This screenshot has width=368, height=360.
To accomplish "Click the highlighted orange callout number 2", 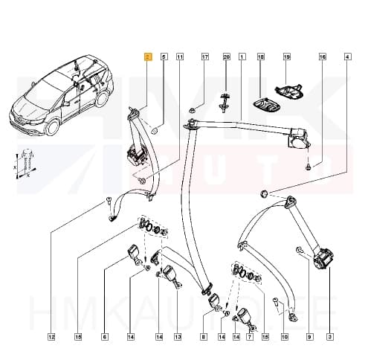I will click(147, 57).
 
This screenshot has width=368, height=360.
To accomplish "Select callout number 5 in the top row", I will click(164, 57).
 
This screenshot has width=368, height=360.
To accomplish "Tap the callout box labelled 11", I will click(180, 57).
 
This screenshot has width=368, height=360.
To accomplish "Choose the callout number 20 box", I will click(227, 57).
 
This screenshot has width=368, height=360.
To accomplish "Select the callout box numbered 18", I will click(261, 57).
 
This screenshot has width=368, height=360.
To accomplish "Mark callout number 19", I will click(285, 57).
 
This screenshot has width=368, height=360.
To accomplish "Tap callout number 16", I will click(322, 57).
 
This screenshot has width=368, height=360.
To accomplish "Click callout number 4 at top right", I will click(347, 57).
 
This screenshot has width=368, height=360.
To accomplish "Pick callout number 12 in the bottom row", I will click(51, 338).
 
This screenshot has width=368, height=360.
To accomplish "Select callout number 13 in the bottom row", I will click(178, 338).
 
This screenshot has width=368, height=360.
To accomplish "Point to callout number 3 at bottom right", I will click(330, 338).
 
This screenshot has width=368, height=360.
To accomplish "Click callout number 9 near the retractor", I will click(309, 338).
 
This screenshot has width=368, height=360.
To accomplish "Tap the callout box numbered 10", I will click(283, 338).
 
